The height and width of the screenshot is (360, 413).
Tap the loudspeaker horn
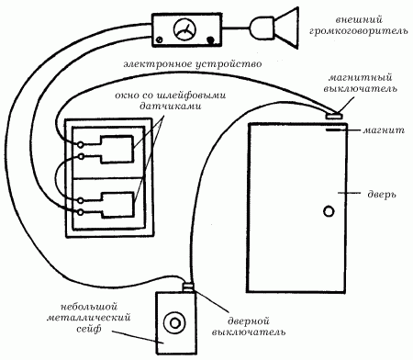[x=286, y=28]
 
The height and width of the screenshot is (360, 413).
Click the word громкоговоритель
[x=358, y=31]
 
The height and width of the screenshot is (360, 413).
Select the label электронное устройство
[x=193, y=64]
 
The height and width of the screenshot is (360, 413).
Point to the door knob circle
[x=329, y=211]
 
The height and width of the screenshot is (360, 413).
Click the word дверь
[x=382, y=195]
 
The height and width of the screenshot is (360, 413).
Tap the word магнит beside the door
[x=384, y=130]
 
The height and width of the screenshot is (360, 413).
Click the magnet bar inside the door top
[x=332, y=130]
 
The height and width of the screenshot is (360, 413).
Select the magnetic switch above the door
[x=334, y=116]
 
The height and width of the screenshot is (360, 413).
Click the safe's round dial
[x=174, y=323]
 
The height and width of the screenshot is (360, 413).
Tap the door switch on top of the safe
[x=188, y=287]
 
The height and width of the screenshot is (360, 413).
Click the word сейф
[x=88, y=329]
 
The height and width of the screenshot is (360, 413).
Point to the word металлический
[x=89, y=318]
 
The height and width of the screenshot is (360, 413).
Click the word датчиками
[x=171, y=107]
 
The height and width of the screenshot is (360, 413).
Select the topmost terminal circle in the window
[x=81, y=144]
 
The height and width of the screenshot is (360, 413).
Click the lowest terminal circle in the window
[x=81, y=212]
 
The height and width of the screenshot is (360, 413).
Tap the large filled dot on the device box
[x=210, y=40]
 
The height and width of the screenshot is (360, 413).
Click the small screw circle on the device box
[x=159, y=39]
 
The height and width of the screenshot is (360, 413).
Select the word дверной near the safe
[x=249, y=321]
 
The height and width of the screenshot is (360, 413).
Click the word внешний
[x=359, y=20]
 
